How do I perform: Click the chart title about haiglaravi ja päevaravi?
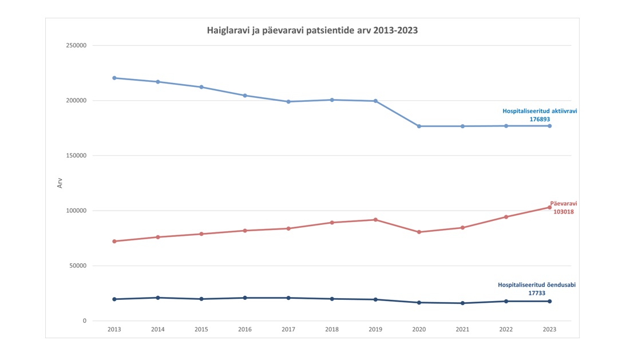pos(312,30)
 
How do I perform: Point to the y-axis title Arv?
pos(60,183)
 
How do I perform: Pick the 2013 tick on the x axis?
pos(114,329)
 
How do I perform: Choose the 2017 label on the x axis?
pos(288,329)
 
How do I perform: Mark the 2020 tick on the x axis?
pos(419,329)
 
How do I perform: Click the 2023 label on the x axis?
pos(549,329)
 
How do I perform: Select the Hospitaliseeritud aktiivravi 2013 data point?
pos(114,78)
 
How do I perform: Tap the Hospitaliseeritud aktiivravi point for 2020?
pos(419,126)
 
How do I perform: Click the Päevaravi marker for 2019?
pos(375,220)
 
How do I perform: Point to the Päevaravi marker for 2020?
pos(419,232)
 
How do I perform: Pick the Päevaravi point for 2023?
pos(549,207)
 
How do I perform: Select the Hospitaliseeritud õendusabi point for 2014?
pos(158,298)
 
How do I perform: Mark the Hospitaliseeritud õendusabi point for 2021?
pos(462,303)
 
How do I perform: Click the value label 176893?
pos(540,120)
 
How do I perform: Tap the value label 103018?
pos(563,212)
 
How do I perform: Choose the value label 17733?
pos(537,293)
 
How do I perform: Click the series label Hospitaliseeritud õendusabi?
pos(537,284)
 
